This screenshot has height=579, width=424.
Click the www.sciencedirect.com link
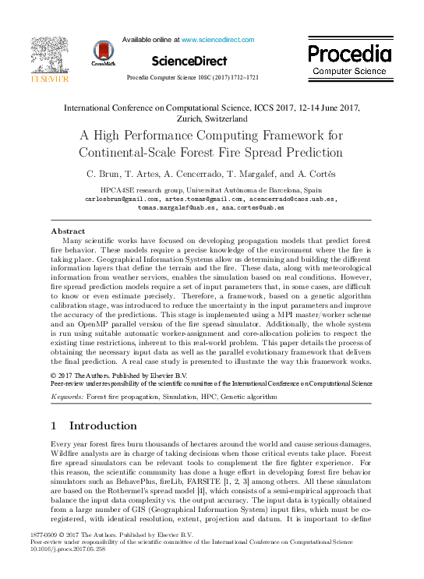[x=217, y=39]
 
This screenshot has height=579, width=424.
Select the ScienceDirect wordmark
[x=189, y=61]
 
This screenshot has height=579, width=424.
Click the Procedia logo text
[x=348, y=54]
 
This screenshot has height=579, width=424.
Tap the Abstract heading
[x=68, y=231]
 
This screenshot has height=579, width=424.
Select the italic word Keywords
[x=67, y=397]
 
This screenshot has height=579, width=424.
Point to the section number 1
[x=54, y=426]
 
